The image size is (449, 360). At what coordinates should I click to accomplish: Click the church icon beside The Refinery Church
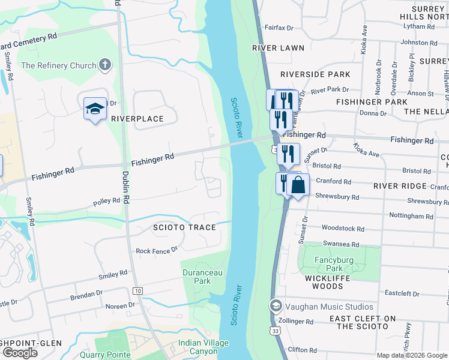click(105, 65)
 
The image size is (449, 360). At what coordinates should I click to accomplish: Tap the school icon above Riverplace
click(95, 109)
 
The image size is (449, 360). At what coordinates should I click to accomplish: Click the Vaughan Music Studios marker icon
click(276, 306)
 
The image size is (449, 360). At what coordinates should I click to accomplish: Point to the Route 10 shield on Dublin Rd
click(138, 291)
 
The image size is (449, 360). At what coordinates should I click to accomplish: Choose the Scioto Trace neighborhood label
click(175, 227)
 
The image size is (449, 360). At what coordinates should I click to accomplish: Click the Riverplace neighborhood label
click(137, 119)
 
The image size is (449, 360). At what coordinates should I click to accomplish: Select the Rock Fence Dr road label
click(157, 250)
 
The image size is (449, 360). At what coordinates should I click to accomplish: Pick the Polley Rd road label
click(107, 201)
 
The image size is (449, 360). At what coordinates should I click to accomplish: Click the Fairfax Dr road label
click(281, 28)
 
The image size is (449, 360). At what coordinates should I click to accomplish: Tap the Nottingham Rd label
click(411, 216)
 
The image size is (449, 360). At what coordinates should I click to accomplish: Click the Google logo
click(20, 353)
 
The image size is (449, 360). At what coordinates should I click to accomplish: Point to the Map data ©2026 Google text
click(412, 355)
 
